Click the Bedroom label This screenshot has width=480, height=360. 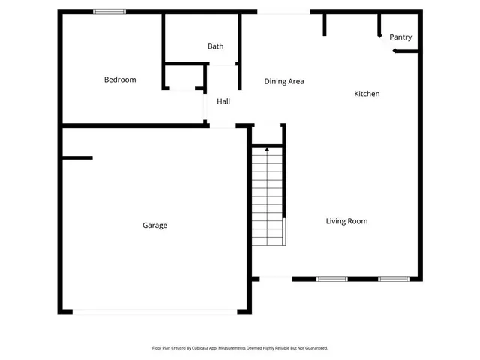(x=120, y=79)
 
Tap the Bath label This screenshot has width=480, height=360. (x=216, y=46)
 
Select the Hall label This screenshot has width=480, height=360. (x=223, y=101)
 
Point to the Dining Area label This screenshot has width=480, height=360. (x=284, y=81)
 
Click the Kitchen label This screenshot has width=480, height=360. (x=367, y=94)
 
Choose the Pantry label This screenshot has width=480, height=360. (x=400, y=37)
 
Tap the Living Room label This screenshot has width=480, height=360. (x=346, y=221)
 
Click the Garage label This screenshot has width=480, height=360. (x=155, y=226)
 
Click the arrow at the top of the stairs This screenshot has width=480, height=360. (x=267, y=150)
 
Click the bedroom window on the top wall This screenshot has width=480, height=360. (x=109, y=11)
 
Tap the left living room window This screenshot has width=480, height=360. (x=331, y=279)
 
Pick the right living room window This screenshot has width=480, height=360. (x=393, y=279)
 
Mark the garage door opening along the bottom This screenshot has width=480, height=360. (x=155, y=312)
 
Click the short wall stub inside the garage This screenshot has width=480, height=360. (x=77, y=158)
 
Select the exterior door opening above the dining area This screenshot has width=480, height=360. (x=284, y=11)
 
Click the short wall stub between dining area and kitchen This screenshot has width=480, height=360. (x=325, y=24)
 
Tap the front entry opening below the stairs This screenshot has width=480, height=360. (x=275, y=279)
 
